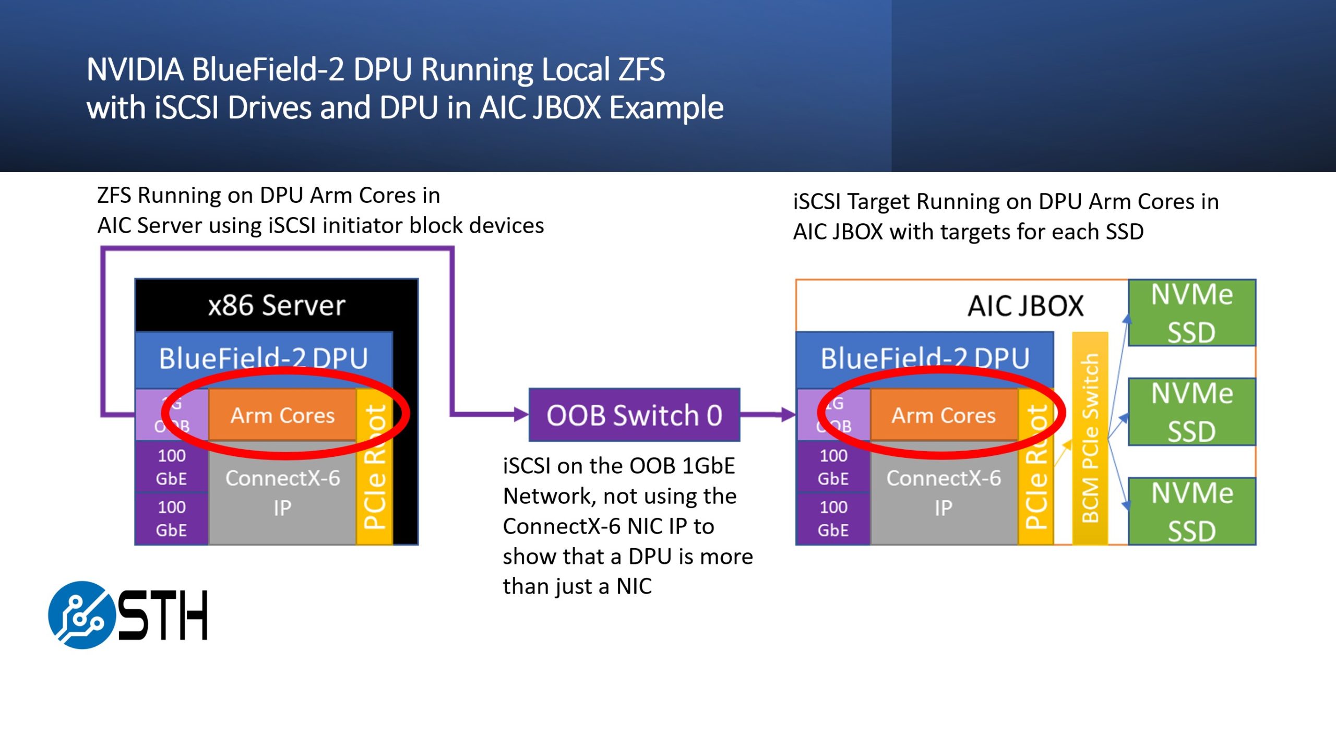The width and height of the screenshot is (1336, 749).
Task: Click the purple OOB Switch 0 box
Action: tap(634, 415)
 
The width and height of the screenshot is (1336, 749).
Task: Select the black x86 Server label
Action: tap(277, 305)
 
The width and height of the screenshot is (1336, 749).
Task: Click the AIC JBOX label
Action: tap(1025, 306)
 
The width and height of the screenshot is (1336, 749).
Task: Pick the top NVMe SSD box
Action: tap(1192, 313)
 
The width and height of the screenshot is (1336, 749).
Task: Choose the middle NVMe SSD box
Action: tap(1192, 412)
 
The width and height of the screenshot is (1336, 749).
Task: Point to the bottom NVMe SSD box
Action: tap(1192, 512)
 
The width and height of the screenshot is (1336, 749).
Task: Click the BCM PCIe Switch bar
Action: tap(1090, 438)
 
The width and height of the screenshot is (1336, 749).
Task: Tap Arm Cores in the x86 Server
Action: tap(282, 415)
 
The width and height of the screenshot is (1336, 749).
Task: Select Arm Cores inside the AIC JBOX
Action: tap(944, 415)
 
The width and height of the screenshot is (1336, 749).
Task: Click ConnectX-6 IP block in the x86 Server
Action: tap(282, 493)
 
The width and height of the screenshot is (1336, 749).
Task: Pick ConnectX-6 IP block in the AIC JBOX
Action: tap(944, 493)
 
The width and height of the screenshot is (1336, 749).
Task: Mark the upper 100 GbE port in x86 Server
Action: tap(172, 467)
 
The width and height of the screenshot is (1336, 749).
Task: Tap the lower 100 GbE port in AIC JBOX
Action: tap(833, 518)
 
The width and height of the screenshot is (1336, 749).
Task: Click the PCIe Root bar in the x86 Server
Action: tap(374, 467)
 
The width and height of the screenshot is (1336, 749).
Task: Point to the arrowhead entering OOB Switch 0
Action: tap(521, 415)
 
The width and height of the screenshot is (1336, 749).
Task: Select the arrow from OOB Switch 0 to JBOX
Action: tap(767, 415)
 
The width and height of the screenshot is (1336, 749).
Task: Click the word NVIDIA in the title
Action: tap(135, 69)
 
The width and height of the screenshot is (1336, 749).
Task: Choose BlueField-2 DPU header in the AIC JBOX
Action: tap(924, 359)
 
